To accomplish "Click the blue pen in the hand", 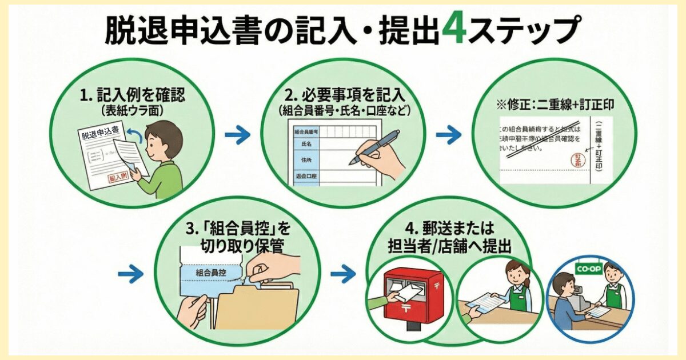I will [374, 147].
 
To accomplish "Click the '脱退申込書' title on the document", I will [99, 135].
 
